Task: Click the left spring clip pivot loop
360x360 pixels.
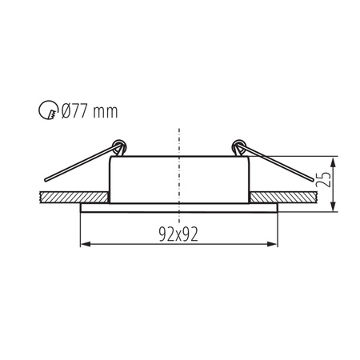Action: click(120, 146)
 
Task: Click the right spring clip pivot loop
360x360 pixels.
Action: click(237, 146)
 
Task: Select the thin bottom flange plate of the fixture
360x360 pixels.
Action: click(179, 208)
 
